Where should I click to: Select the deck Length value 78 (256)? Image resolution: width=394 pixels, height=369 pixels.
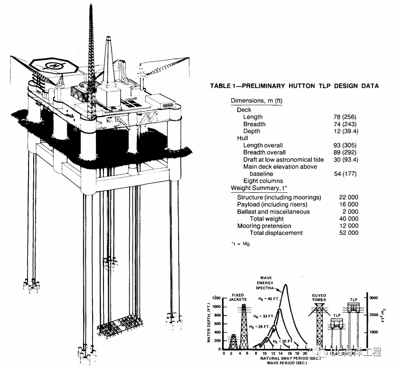click(x=346, y=117)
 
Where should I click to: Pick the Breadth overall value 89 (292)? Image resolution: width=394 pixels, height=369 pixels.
click(x=346, y=153)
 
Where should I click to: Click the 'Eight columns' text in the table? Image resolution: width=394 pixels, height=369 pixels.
click(x=263, y=181)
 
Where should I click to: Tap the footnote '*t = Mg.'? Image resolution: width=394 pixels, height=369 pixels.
click(x=240, y=244)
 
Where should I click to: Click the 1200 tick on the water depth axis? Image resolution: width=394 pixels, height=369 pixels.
click(x=216, y=298)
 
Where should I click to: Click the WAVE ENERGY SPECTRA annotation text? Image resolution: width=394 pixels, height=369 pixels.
click(x=265, y=281)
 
